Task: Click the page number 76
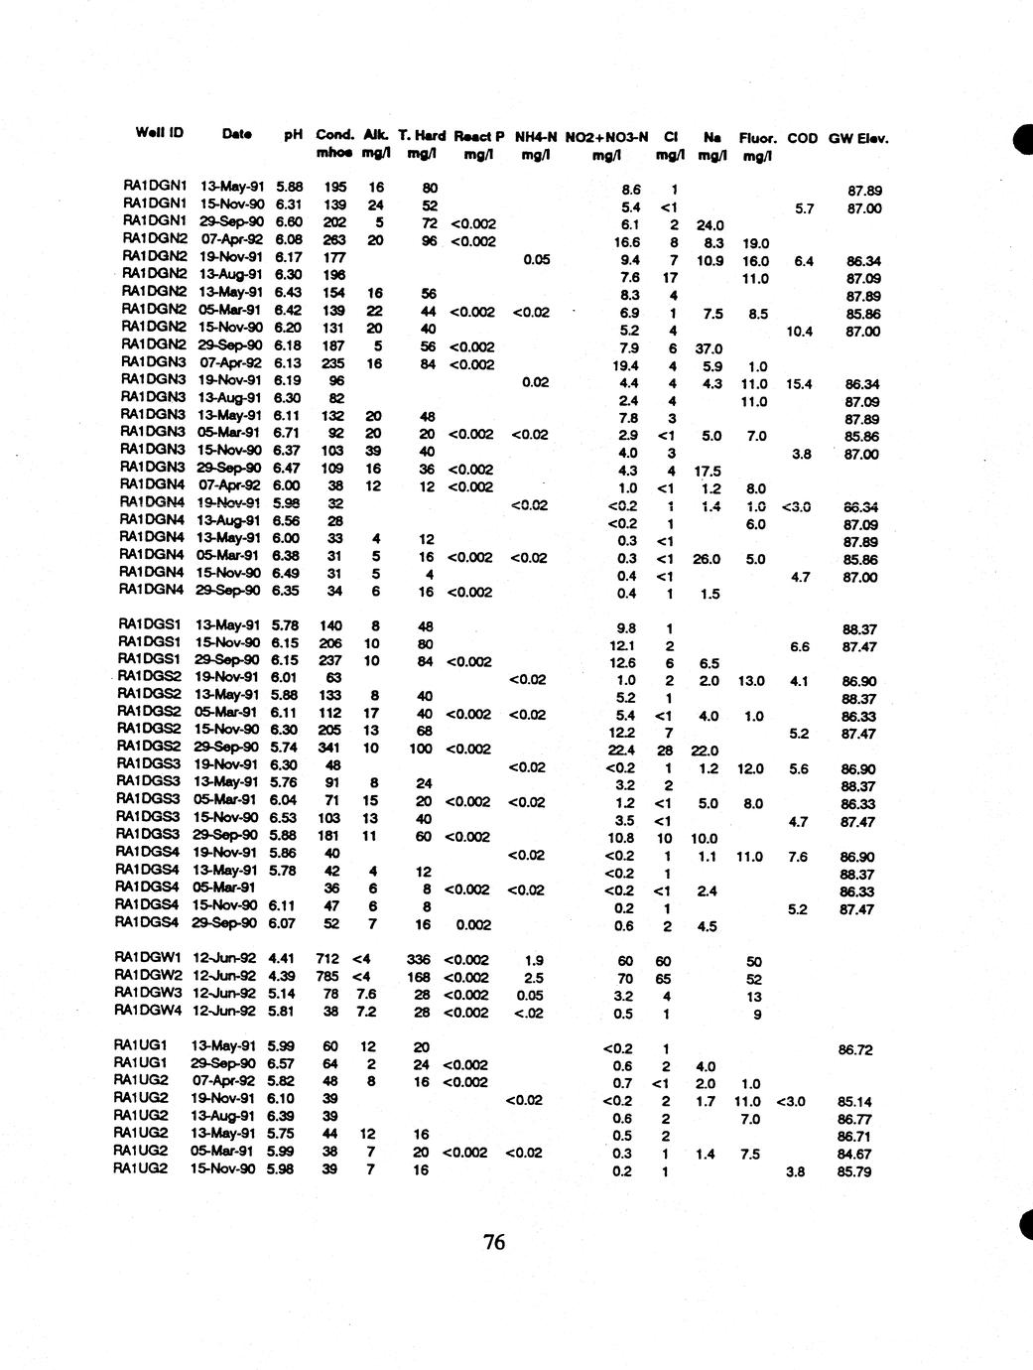click(x=494, y=1242)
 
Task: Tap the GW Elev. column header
click(x=858, y=138)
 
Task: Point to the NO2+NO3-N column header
click(x=606, y=137)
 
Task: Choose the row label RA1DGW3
click(x=149, y=995)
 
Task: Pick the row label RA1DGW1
click(x=149, y=960)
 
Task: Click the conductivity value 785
click(x=327, y=977)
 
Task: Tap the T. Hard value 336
click(x=421, y=960)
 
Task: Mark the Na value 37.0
click(x=710, y=348)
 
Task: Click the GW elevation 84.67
click(x=854, y=1154)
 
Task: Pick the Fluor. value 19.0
click(x=755, y=243)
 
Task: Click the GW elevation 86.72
click(x=854, y=1049)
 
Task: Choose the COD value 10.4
click(x=799, y=332)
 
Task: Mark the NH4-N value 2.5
click(x=534, y=978)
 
